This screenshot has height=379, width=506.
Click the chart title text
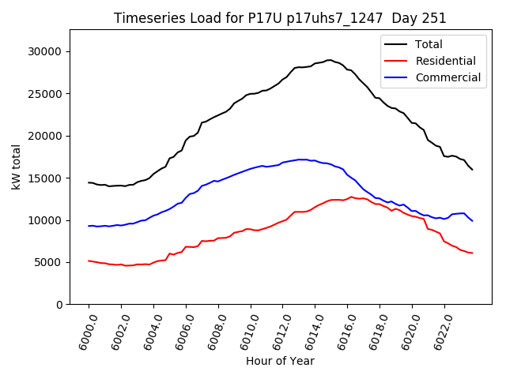point(280,18)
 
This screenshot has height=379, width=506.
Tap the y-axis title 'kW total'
point(17,167)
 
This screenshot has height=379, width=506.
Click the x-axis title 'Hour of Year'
point(280,361)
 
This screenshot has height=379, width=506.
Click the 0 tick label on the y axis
point(59,305)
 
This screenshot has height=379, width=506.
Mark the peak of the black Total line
point(329,59)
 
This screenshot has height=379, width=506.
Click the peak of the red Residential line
point(351,197)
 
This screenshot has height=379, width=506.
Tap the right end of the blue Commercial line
point(472,220)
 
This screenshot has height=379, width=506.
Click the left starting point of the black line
point(89,182)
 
